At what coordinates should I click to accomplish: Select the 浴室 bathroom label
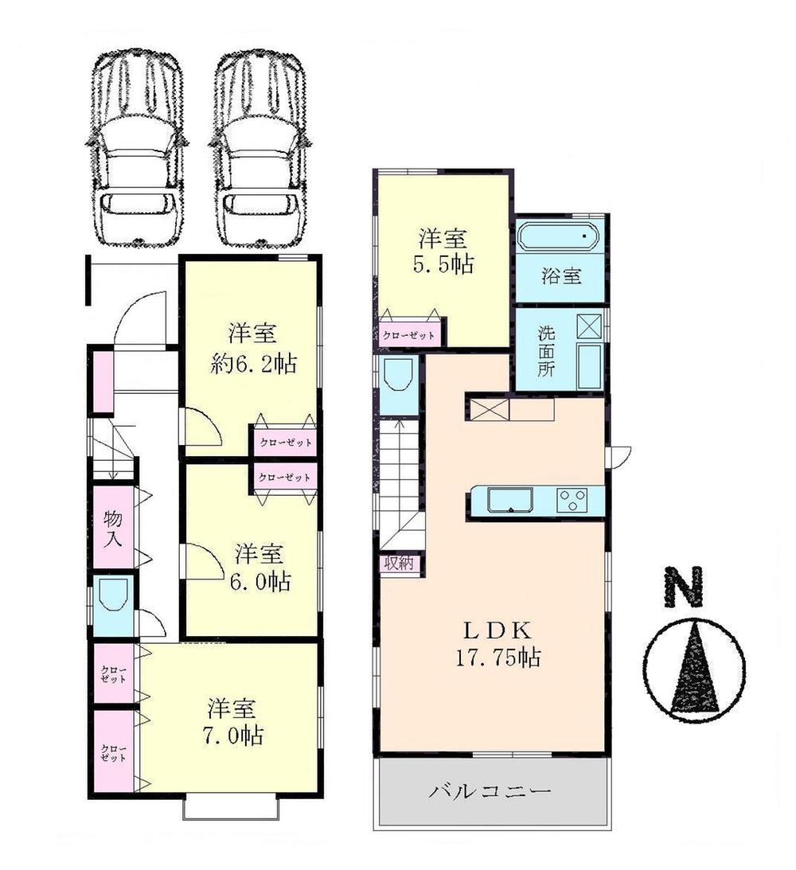pyautogui.click(x=561, y=276)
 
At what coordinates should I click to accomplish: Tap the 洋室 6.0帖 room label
pyautogui.click(x=262, y=566)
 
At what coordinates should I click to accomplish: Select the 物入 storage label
pyautogui.click(x=113, y=528)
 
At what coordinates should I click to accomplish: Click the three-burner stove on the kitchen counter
pyautogui.click(x=572, y=500)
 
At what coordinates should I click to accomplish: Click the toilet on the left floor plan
pyautogui.click(x=113, y=595)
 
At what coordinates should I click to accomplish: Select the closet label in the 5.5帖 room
pyautogui.click(x=409, y=335)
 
